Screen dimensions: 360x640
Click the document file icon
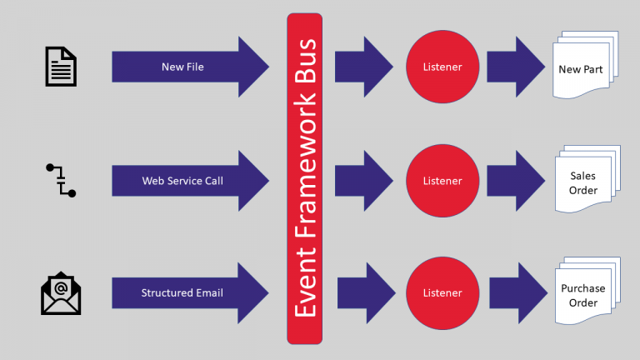pyautogui.click(x=60, y=67)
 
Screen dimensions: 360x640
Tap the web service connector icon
pyautogui.click(x=60, y=180)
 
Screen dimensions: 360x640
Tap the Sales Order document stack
pyautogui.click(x=582, y=182)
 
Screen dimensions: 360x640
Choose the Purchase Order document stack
pyautogui.click(x=582, y=295)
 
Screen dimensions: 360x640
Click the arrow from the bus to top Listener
pyautogui.click(x=363, y=67)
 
